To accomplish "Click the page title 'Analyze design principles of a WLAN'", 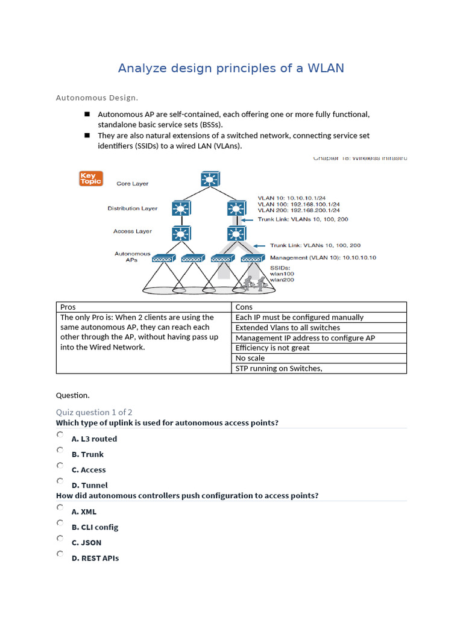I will [x=231, y=68].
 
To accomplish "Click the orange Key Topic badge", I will [x=91, y=178].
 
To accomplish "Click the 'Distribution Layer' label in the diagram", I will [x=133, y=208].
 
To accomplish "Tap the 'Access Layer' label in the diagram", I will [x=133, y=231].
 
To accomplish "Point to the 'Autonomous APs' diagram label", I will [x=133, y=257].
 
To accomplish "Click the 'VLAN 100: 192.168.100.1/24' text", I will [x=298, y=204].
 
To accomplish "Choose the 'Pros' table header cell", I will [x=143, y=307].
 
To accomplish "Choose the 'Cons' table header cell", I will [x=319, y=307].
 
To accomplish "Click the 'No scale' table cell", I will [x=319, y=358].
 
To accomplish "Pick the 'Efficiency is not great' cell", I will [x=319, y=348].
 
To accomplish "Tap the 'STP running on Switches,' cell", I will [x=319, y=368].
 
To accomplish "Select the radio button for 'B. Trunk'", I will [x=60, y=450].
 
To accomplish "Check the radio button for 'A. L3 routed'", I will [x=60, y=434].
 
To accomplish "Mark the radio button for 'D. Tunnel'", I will [x=60, y=481].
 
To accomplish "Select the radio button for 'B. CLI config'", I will [x=60, y=523].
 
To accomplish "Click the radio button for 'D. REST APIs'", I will [x=60, y=554].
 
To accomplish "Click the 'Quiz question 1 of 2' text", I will [x=94, y=412].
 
